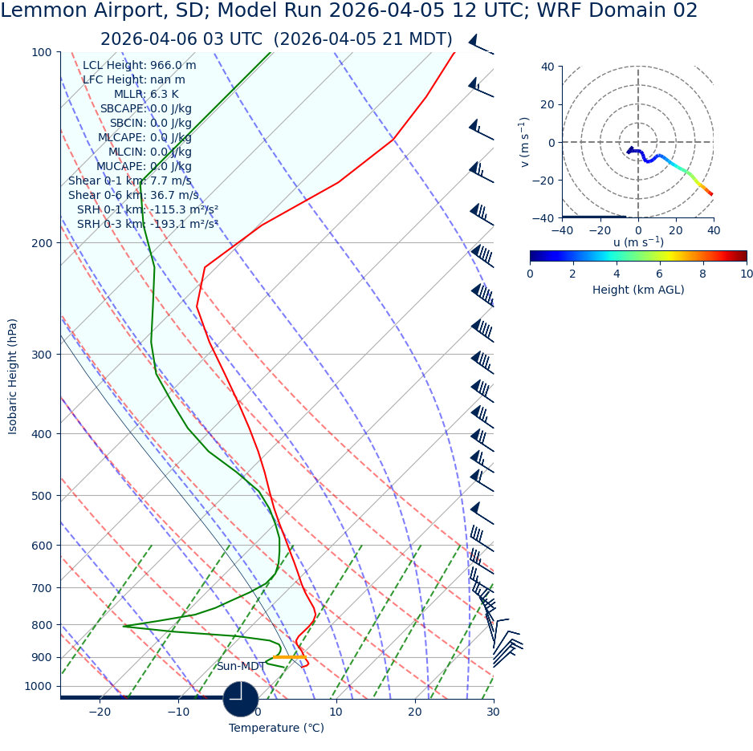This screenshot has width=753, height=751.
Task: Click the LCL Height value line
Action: click(x=139, y=66)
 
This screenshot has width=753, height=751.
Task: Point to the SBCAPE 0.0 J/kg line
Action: click(x=145, y=109)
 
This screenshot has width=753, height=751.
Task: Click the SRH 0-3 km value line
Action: click(x=147, y=225)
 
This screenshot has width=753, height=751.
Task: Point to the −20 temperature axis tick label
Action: click(x=99, y=712)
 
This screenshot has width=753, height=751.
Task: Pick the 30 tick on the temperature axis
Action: click(x=493, y=712)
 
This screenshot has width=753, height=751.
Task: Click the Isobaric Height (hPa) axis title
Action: click(x=13, y=376)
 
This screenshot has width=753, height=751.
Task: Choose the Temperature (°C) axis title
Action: click(x=276, y=729)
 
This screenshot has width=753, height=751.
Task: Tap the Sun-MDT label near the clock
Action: click(x=240, y=667)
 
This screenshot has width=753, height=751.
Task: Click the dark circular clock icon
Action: click(x=241, y=699)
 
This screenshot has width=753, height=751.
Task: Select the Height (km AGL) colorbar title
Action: click(x=637, y=290)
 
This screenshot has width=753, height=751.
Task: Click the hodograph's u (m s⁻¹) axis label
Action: click(x=637, y=242)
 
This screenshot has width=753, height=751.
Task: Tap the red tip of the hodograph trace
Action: click(x=710, y=193)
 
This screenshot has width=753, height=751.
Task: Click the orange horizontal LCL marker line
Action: click(x=289, y=658)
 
